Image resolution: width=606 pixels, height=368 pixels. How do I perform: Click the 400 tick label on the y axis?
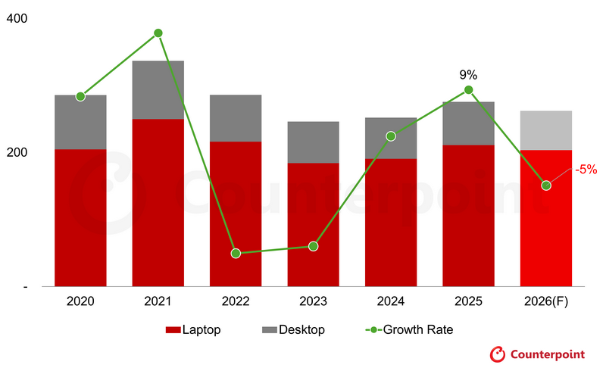tap(17, 18)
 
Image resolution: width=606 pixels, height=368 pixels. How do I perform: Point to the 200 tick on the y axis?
tap(17, 152)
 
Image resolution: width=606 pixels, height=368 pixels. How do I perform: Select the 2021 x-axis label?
tap(158, 301)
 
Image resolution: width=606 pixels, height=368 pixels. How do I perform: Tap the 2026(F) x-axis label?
tap(545, 301)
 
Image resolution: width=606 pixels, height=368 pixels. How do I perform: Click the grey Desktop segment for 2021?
tap(158, 89)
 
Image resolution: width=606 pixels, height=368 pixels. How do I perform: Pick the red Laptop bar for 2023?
tap(313, 224)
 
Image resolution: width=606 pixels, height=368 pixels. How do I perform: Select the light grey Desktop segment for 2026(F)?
tap(545, 130)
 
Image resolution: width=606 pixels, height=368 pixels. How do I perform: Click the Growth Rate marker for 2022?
tap(236, 253)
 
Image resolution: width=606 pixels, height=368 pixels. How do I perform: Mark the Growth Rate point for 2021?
tap(158, 33)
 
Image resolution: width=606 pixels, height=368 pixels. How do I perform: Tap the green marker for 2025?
tap(468, 90)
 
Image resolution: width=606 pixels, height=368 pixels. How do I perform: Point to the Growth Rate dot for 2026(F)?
tap(545, 186)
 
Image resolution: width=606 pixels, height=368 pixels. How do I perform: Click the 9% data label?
tap(468, 75)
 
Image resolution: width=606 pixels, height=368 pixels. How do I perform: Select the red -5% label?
tap(586, 170)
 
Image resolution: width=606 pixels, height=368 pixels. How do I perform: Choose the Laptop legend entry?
tap(193, 330)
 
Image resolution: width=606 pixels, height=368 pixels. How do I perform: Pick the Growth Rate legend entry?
tap(409, 330)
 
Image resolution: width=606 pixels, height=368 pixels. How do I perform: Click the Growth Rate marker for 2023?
tap(313, 246)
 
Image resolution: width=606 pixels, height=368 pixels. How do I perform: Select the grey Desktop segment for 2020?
tap(80, 122)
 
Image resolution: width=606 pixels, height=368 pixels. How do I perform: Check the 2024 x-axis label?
tap(391, 301)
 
